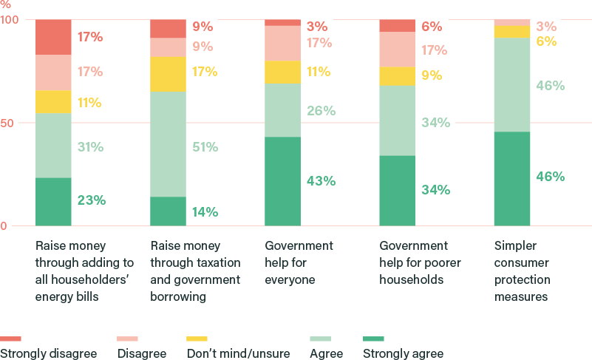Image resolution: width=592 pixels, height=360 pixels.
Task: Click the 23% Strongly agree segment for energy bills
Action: tap(53, 201)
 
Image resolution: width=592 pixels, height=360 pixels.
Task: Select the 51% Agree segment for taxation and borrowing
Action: tap(168, 143)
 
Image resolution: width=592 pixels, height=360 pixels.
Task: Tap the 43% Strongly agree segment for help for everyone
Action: tap(282, 181)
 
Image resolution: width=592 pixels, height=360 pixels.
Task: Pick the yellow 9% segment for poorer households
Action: tap(397, 75)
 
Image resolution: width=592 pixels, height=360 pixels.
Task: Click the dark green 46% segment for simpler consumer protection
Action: tap(511, 178)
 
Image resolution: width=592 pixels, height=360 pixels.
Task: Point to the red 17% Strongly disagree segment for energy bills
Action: tap(53, 37)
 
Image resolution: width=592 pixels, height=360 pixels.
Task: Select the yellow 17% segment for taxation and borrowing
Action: tap(168, 74)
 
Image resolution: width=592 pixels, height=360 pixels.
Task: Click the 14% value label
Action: tap(205, 212)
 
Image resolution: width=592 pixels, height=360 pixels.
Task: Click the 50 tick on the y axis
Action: tap(7, 123)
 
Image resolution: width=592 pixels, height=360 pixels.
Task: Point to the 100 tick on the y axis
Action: tap(10, 19)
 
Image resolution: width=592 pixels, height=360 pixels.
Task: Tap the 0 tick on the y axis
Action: tap(4, 225)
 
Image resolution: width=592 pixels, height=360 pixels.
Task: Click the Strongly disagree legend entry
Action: tap(49, 353)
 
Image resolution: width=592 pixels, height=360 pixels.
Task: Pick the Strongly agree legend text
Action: tap(403, 353)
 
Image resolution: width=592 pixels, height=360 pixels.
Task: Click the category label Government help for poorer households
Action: tap(413, 262)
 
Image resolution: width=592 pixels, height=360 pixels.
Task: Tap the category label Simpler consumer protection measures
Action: tap(521, 271)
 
